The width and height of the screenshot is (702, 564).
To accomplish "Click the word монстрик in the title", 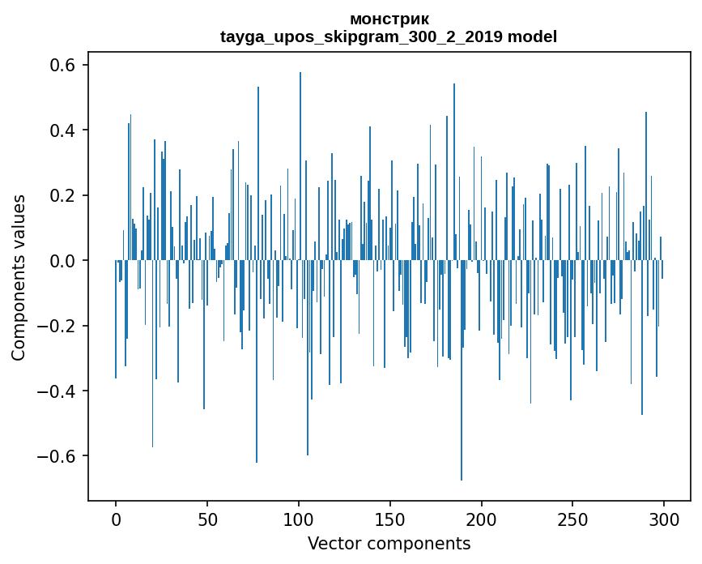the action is (x=389, y=19).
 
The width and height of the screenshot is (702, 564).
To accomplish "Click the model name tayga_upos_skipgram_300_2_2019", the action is (x=361, y=36).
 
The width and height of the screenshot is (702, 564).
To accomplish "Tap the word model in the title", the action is (x=532, y=36).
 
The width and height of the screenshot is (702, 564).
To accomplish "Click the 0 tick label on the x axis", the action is (x=116, y=520).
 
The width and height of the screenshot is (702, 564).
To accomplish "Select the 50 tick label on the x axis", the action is (x=207, y=520).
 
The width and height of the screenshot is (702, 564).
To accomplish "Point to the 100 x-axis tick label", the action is (x=299, y=520).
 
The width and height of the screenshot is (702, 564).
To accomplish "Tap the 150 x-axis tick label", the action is (x=390, y=520).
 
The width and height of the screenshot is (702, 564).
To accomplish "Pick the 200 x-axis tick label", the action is (x=482, y=520).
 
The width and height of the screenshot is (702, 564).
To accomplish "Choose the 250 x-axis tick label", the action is (x=572, y=520).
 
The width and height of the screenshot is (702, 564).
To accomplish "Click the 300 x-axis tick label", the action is (x=665, y=520).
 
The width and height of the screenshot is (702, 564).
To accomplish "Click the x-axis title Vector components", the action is (x=389, y=544).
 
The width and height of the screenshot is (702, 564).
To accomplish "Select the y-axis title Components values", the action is (x=19, y=278).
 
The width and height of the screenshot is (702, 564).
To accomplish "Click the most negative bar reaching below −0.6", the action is (x=462, y=370).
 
